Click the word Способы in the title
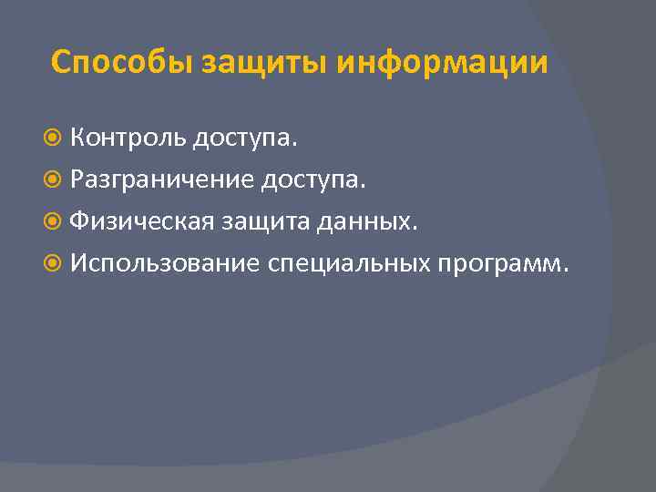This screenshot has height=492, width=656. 122,63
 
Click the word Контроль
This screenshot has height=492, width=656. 128,138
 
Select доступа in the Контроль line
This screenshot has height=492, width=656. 240,140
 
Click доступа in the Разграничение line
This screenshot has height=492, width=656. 309,181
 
